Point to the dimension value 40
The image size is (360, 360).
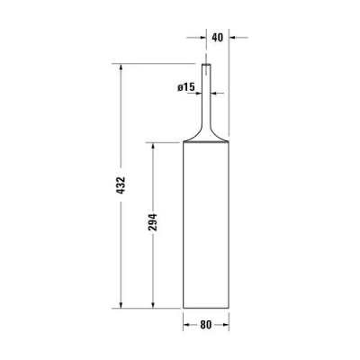216,37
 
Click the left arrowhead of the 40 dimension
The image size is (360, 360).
202,38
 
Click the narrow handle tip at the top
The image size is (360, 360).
206,68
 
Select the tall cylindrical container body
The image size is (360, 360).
206,225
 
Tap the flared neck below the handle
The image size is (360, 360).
206,130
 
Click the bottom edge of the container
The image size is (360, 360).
206,306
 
